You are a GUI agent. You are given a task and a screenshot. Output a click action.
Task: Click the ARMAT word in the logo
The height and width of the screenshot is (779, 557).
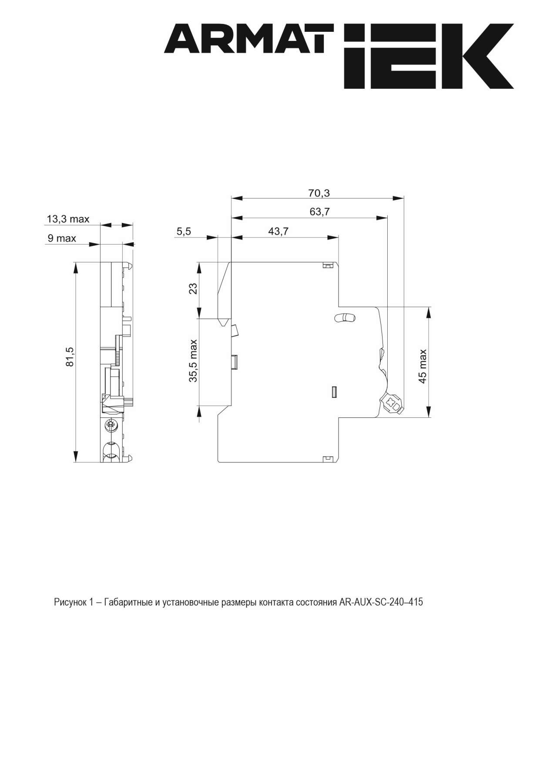click(x=248, y=39)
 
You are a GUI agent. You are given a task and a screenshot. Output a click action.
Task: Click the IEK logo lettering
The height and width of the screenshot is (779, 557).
click(x=429, y=57)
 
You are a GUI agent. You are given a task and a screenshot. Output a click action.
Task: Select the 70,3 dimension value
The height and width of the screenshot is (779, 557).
click(x=319, y=193)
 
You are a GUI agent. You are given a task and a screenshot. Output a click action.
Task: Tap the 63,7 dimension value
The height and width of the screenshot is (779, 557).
click(x=319, y=212)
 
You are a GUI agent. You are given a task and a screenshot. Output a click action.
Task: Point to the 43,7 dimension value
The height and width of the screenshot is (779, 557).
click(x=278, y=231)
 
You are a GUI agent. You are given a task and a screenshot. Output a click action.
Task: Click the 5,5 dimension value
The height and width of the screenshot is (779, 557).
click(x=184, y=231)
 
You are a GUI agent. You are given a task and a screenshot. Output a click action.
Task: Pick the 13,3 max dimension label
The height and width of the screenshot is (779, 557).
click(x=68, y=219)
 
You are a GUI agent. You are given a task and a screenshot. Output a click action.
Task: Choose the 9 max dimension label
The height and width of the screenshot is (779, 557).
click(x=61, y=238)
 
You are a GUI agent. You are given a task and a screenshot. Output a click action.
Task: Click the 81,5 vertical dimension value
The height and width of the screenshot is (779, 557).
click(x=70, y=357)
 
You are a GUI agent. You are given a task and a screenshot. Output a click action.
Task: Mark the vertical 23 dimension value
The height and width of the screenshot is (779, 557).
click(x=193, y=288)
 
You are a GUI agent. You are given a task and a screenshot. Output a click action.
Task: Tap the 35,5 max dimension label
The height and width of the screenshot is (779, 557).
click(x=193, y=361)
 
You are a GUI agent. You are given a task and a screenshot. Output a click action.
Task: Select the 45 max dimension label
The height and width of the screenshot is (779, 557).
click(x=422, y=366)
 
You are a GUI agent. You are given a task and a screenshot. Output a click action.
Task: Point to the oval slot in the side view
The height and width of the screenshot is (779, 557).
click(x=344, y=318)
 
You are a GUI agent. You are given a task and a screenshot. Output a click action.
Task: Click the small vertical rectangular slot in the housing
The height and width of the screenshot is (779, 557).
click(x=334, y=392)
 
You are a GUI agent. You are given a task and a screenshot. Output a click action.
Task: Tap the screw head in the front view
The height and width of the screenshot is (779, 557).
click(x=110, y=424)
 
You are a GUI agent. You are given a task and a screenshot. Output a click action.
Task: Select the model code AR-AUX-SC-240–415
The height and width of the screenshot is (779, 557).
click(x=381, y=603)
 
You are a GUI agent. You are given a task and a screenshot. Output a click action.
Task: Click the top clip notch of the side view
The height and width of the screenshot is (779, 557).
click(x=327, y=265)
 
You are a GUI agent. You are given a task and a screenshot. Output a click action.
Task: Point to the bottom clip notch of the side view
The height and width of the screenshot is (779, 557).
click(x=327, y=458)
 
